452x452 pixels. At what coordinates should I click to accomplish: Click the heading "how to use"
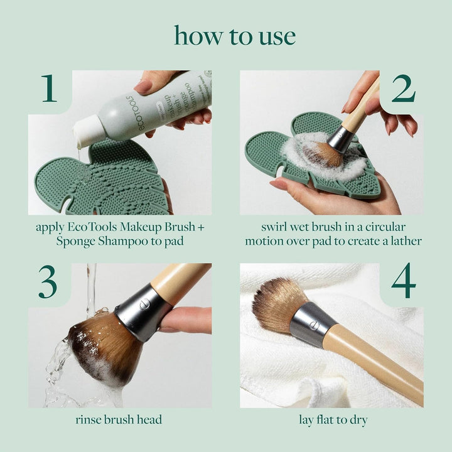(x=235, y=36)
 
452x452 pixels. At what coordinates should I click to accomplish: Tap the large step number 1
(x=50, y=89)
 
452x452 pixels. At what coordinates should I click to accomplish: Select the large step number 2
(x=403, y=89)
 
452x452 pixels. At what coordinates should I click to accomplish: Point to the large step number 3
(x=48, y=284)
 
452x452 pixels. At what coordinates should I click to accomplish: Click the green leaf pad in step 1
(x=100, y=182)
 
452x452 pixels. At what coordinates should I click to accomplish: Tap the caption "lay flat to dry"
(x=332, y=419)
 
